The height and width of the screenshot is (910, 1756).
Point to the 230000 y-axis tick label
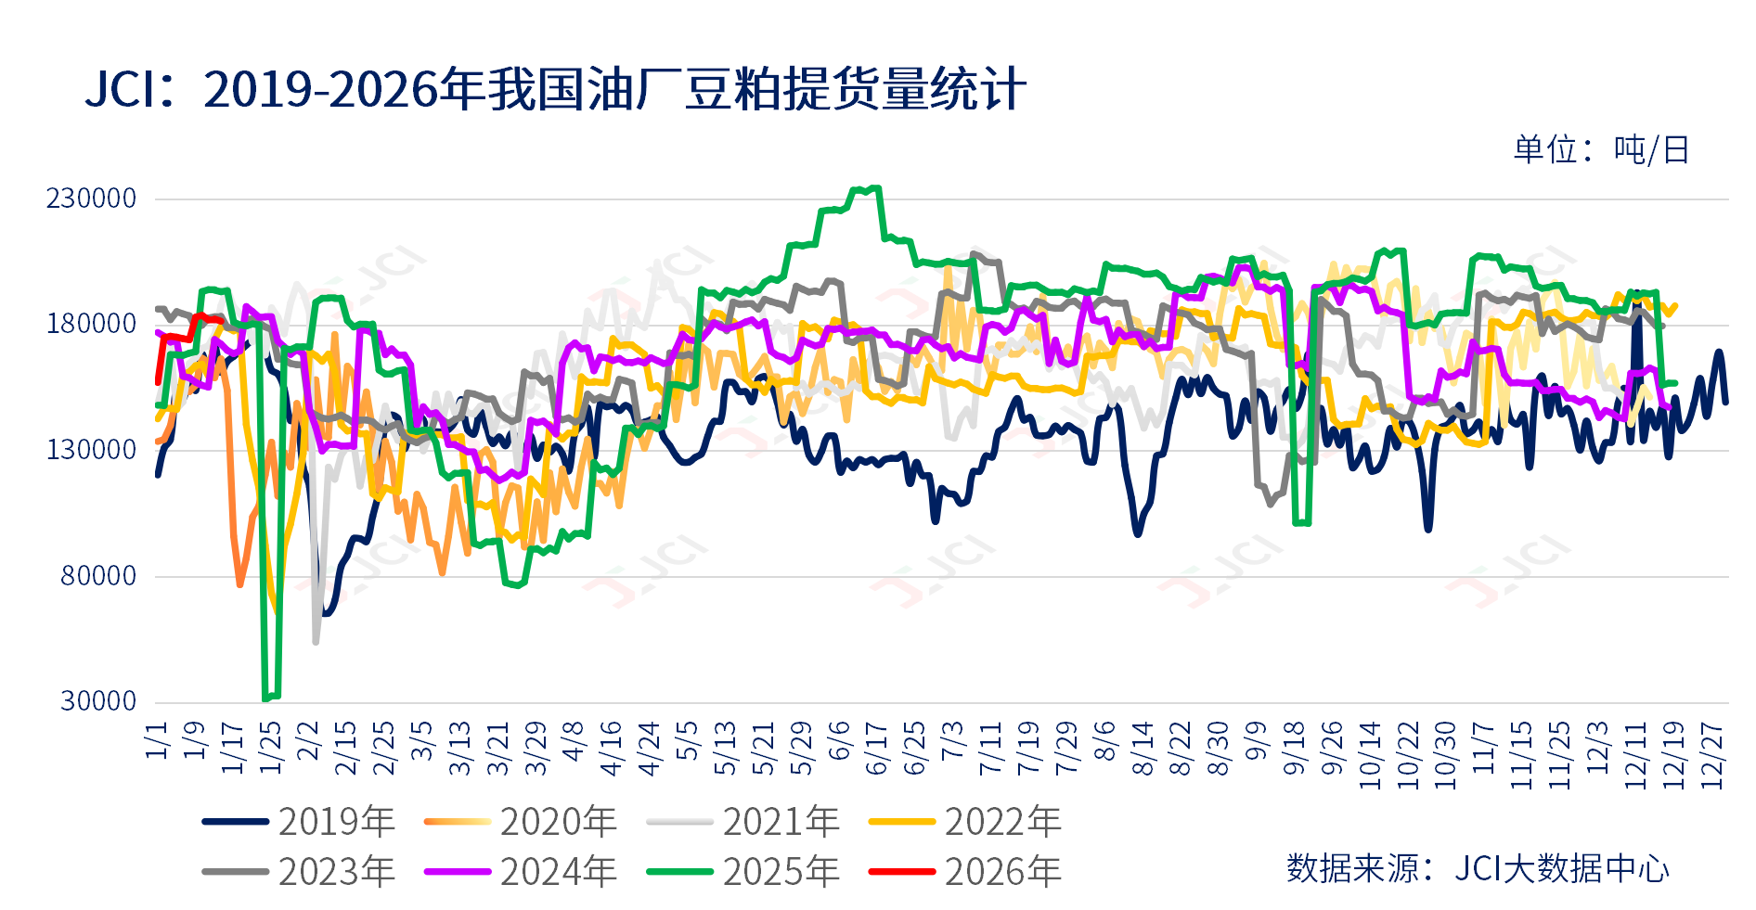coord(92,199)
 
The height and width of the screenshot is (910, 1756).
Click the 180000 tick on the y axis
coord(92,325)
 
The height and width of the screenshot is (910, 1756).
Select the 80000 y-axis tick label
coord(98,576)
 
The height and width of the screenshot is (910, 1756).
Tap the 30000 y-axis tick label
coord(98,701)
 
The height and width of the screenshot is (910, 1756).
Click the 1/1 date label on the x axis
coord(158,741)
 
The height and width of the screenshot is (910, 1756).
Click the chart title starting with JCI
coord(555,90)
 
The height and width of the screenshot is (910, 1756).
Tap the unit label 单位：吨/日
coord(1601,149)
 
